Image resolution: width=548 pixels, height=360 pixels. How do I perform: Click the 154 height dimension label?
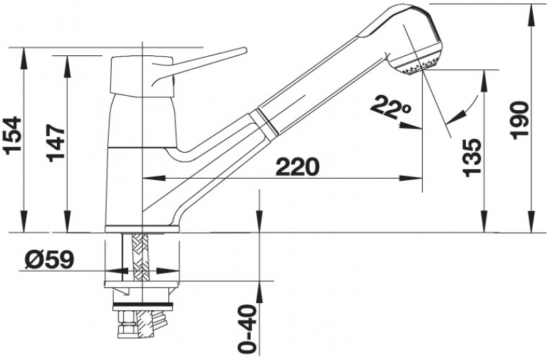point(12,136)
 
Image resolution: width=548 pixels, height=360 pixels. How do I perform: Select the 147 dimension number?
point(56,143)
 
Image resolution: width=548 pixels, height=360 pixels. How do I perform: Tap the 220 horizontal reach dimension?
point(298,167)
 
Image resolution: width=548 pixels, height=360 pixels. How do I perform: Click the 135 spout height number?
point(471,157)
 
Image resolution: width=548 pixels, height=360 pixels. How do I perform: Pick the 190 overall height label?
point(519,121)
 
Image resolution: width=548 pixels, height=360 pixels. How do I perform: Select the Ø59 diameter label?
point(49,260)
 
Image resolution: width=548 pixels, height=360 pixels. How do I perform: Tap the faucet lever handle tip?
point(244,50)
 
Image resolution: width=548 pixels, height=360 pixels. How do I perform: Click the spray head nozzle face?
point(419,68)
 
